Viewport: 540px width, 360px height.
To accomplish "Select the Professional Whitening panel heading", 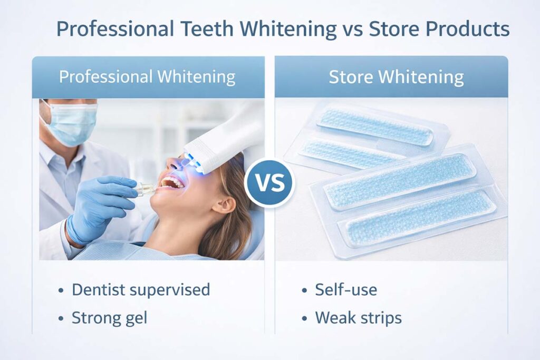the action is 147,77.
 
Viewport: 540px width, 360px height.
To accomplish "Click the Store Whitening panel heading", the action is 396,77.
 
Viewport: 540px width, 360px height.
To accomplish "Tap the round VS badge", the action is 270,183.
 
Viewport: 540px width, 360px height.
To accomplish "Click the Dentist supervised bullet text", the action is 141,290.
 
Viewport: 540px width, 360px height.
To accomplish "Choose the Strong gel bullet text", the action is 110,318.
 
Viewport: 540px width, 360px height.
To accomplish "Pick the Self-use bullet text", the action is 346,290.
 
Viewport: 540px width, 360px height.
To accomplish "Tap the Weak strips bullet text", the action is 359,318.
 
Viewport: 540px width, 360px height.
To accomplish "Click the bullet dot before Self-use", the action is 304,290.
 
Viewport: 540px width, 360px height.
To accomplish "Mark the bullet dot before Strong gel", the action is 61,318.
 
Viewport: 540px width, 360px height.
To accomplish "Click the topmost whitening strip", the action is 375,126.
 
